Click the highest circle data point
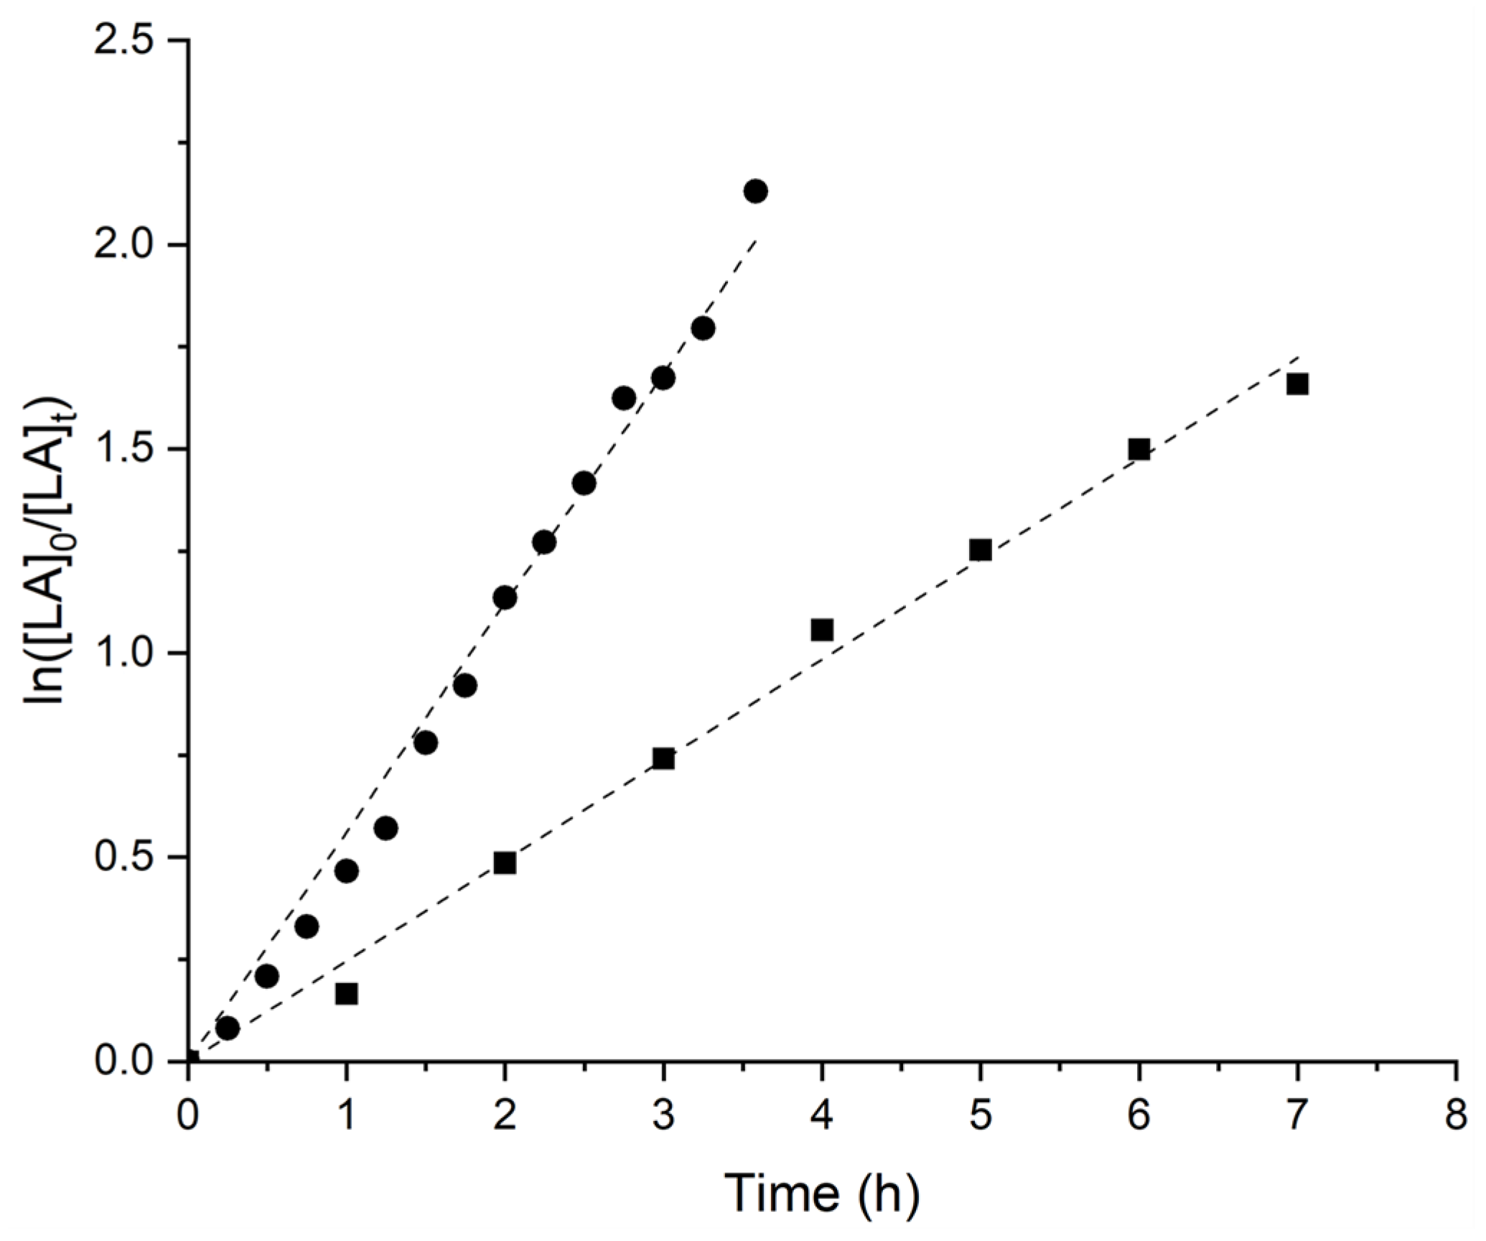click(755, 191)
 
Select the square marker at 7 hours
click(1297, 385)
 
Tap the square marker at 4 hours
click(822, 630)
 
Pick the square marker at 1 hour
click(347, 994)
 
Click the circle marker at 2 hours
click(505, 598)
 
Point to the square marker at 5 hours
click(980, 550)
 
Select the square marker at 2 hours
click(505, 863)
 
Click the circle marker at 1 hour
click(347, 871)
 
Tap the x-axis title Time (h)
click(821, 1194)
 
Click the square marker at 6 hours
click(1139, 450)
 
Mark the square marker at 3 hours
click(663, 758)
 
